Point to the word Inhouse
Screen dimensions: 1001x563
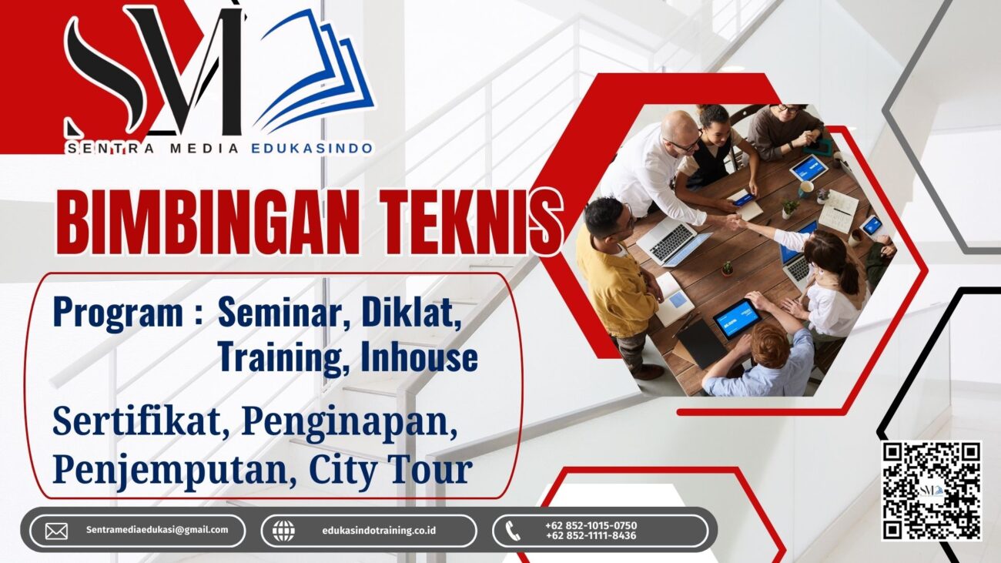pos(419,357)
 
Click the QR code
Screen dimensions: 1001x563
pos(931,491)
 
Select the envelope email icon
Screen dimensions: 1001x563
pos(56,531)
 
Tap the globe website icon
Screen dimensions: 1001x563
pos(284,531)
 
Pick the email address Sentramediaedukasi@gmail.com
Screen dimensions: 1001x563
pos(157,530)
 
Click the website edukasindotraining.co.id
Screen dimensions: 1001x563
pos(379,531)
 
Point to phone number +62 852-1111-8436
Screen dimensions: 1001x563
pos(591,535)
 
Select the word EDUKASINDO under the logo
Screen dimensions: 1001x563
pos(312,149)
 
